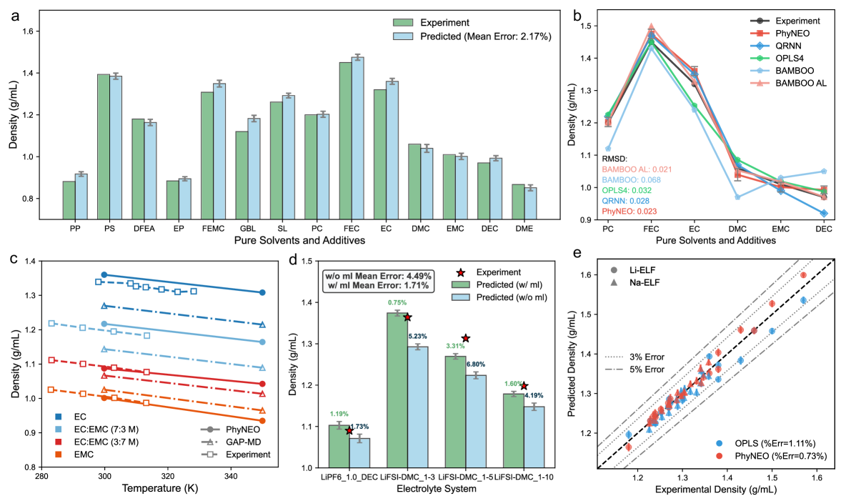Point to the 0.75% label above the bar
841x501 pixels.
click(397, 302)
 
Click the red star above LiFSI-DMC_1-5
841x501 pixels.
click(465, 338)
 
